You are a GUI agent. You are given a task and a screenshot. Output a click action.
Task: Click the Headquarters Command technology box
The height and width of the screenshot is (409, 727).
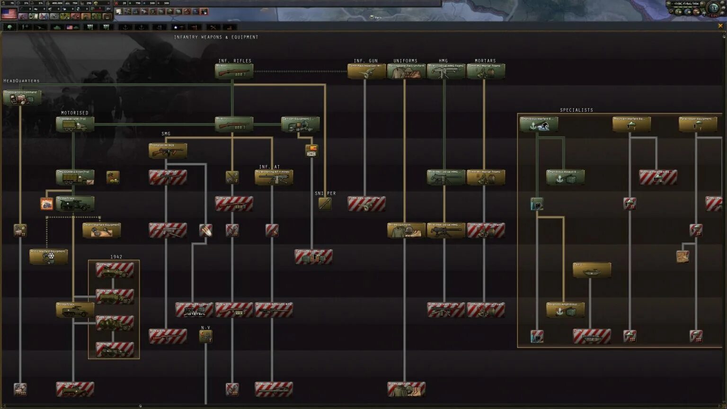[22, 98]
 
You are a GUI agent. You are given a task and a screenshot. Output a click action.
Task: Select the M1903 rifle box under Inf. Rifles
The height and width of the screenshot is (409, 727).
[234, 71]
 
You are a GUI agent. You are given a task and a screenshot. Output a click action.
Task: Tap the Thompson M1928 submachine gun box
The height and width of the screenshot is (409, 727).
[168, 151]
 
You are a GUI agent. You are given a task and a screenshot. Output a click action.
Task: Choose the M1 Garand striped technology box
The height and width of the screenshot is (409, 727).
[234, 204]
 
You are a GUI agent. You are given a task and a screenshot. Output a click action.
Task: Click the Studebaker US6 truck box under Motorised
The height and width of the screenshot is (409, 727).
[75, 124]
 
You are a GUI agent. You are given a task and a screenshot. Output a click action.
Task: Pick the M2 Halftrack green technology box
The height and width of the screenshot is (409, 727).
[75, 204]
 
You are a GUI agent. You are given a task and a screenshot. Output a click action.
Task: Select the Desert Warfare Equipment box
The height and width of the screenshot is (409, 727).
[101, 231]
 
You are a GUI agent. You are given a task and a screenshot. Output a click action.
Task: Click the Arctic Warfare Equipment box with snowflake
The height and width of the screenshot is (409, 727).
[48, 257]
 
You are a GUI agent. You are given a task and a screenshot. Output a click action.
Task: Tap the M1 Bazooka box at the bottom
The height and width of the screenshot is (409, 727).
[274, 390]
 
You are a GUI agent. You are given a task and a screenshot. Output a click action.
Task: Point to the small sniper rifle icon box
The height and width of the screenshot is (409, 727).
[325, 204]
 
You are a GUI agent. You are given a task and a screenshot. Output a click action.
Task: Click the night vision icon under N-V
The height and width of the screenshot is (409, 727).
[205, 337]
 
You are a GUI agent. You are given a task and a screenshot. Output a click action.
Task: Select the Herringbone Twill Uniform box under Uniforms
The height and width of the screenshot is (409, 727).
[406, 71]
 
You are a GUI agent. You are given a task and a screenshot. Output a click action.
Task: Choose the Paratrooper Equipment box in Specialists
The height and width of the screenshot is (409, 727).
[698, 124]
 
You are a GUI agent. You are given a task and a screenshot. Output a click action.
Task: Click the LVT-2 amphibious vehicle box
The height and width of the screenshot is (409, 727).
[592, 270]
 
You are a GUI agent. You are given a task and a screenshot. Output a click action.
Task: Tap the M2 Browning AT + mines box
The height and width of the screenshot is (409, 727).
[274, 178]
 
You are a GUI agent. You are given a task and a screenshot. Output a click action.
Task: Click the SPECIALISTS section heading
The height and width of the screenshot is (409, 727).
[576, 110]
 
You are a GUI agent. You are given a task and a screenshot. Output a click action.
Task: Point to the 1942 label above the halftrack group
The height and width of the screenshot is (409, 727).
[116, 257]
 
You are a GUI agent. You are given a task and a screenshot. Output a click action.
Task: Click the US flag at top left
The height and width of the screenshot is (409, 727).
[9, 14]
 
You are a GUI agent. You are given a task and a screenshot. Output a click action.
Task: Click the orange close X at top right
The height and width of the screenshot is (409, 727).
[720, 26]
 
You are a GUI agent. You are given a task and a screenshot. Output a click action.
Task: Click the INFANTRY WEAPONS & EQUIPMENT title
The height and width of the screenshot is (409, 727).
[216, 37]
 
